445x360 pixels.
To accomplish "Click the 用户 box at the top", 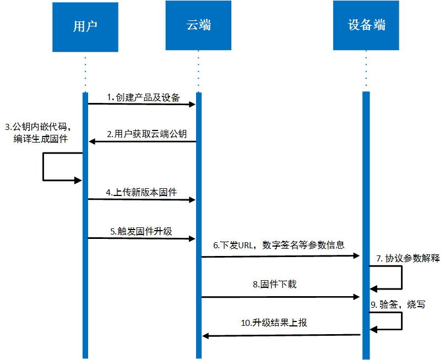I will (x=85, y=27).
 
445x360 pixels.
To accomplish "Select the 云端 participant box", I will (x=198, y=27).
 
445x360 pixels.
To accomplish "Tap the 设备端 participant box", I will (x=366, y=27).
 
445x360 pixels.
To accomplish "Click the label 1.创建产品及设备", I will (x=144, y=97).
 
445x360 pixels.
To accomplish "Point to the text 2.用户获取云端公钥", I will (x=146, y=134).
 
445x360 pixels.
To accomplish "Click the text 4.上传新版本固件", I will (x=142, y=192).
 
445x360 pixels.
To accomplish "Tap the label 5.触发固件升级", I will (x=141, y=231).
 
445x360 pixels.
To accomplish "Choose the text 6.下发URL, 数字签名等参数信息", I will (x=279, y=245).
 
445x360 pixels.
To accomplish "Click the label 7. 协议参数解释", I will (x=408, y=258).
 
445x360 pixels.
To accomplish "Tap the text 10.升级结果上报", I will (x=274, y=323).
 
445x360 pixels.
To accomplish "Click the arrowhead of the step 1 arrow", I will (x=193, y=104).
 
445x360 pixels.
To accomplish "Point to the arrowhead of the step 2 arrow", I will (x=93, y=141).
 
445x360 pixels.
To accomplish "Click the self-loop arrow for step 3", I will (x=44, y=167).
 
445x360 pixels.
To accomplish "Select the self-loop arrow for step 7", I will (x=401, y=277).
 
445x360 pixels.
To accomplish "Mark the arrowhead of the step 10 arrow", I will (x=206, y=335).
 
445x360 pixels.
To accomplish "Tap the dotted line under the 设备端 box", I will (x=366, y=72).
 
